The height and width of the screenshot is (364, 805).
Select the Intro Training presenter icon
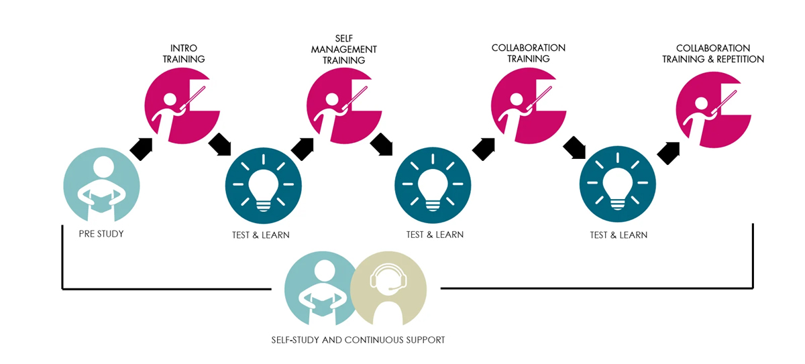(x=181, y=105)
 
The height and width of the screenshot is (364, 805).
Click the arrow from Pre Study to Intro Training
(x=142, y=148)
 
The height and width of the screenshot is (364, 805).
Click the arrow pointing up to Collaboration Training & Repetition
(x=669, y=152)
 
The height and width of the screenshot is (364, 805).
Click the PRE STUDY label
(x=101, y=235)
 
